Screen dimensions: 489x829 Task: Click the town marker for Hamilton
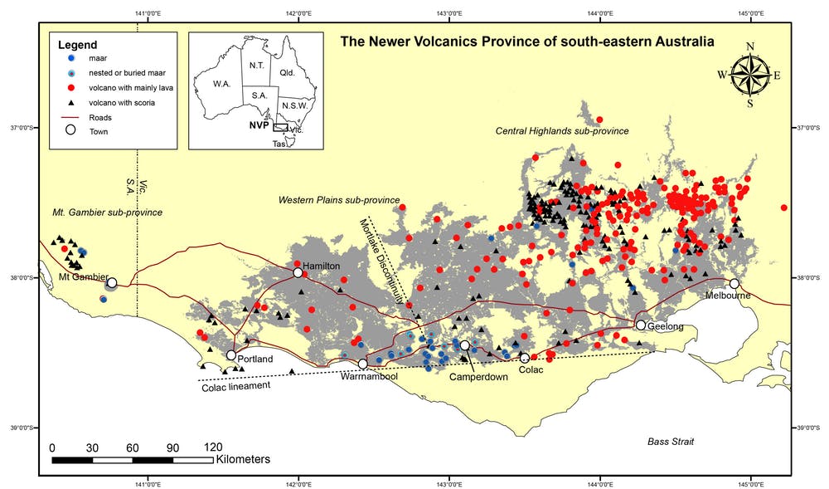[x=298, y=272]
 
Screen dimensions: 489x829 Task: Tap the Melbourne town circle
[x=734, y=284]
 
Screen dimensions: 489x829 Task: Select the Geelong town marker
[x=641, y=325]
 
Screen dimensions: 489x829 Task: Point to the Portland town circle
[x=231, y=355]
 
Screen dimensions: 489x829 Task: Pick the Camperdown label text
[x=478, y=377]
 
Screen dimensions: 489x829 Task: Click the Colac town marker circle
[x=525, y=358]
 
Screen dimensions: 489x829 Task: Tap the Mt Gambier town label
[x=81, y=276]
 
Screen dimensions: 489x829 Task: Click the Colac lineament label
[x=237, y=386]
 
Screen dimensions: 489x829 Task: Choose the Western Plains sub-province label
[x=339, y=200]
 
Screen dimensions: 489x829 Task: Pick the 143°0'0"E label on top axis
[x=448, y=12]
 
